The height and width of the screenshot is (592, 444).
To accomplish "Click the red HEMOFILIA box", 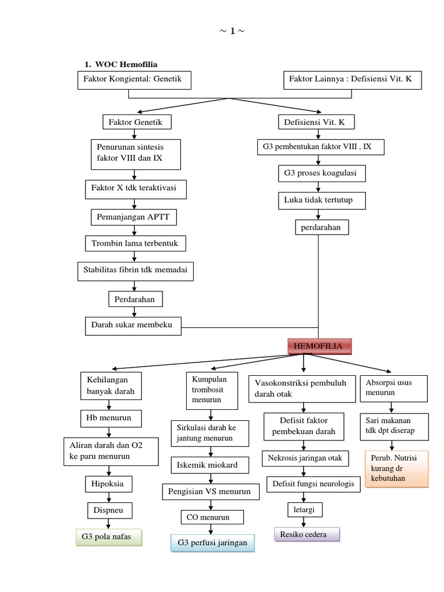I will (319, 346).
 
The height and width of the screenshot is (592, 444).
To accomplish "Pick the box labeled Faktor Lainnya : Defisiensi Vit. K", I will (352, 80).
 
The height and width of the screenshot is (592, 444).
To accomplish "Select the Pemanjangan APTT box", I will (134, 217).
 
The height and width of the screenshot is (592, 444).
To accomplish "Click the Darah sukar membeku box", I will (132, 325).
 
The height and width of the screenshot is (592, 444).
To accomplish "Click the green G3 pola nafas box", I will (109, 537).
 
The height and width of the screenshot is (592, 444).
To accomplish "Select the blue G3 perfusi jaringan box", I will (212, 543).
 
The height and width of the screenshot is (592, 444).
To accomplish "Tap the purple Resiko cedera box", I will (306, 534).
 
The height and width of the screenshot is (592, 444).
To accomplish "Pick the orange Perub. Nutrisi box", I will (397, 468).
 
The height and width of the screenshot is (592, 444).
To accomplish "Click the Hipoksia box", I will (108, 483).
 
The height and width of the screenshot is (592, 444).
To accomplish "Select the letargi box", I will (305, 509).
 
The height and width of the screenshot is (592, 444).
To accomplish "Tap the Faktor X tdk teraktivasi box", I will (134, 188).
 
